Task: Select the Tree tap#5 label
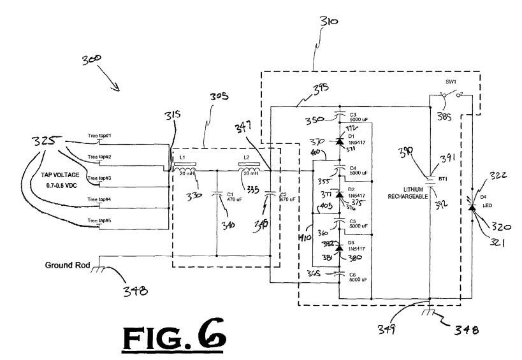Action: [99, 220]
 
